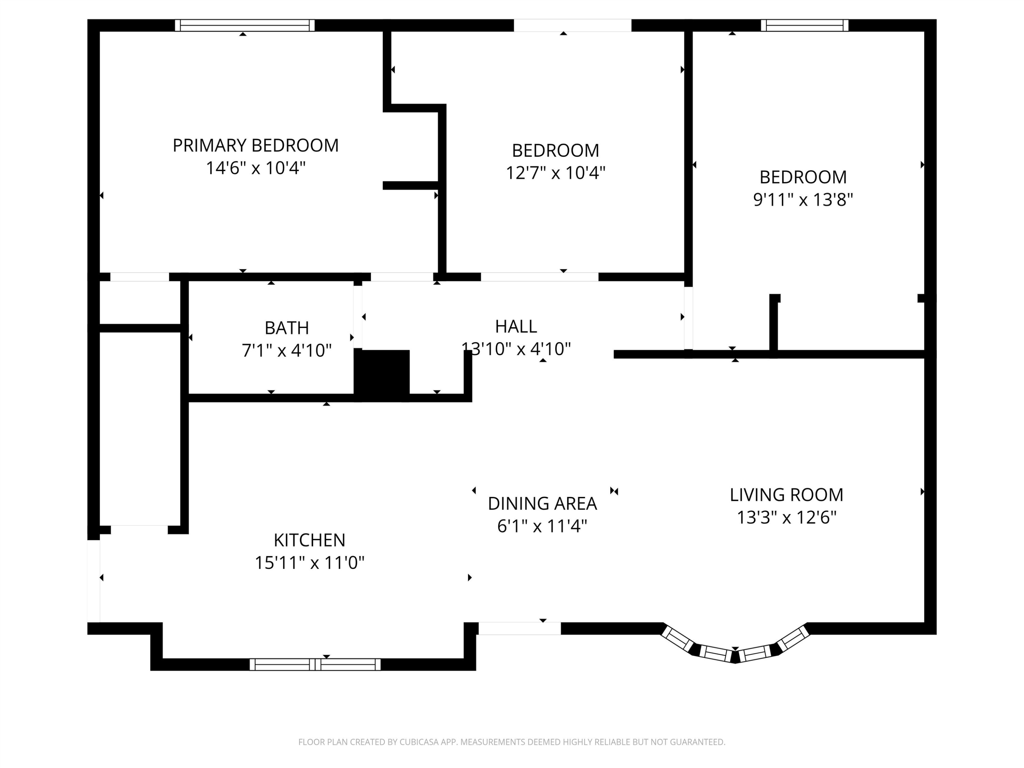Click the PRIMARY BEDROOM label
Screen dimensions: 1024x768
pyautogui.click(x=256, y=145)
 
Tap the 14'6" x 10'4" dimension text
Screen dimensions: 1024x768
pyautogui.click(x=256, y=168)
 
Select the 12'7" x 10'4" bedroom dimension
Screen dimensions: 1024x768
pyautogui.click(x=555, y=173)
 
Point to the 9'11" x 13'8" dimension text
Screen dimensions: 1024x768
pyautogui.click(x=803, y=200)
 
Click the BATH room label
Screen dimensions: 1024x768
pyautogui.click(x=287, y=328)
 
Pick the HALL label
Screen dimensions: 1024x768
pyautogui.click(x=516, y=326)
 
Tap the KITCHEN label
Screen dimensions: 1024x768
pyautogui.click(x=309, y=540)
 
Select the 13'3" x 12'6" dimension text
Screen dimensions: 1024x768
pyautogui.click(x=786, y=517)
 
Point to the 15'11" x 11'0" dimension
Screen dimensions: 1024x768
pyautogui.click(x=310, y=563)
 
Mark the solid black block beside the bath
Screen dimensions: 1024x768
pyautogui.click(x=382, y=375)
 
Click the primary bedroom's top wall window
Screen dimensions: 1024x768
pyautogui.click(x=245, y=26)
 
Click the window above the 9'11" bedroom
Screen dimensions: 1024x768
pyautogui.click(x=805, y=26)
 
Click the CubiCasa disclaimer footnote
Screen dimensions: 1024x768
pyautogui.click(x=512, y=742)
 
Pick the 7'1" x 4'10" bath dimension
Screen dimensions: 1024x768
pyautogui.click(x=287, y=351)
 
